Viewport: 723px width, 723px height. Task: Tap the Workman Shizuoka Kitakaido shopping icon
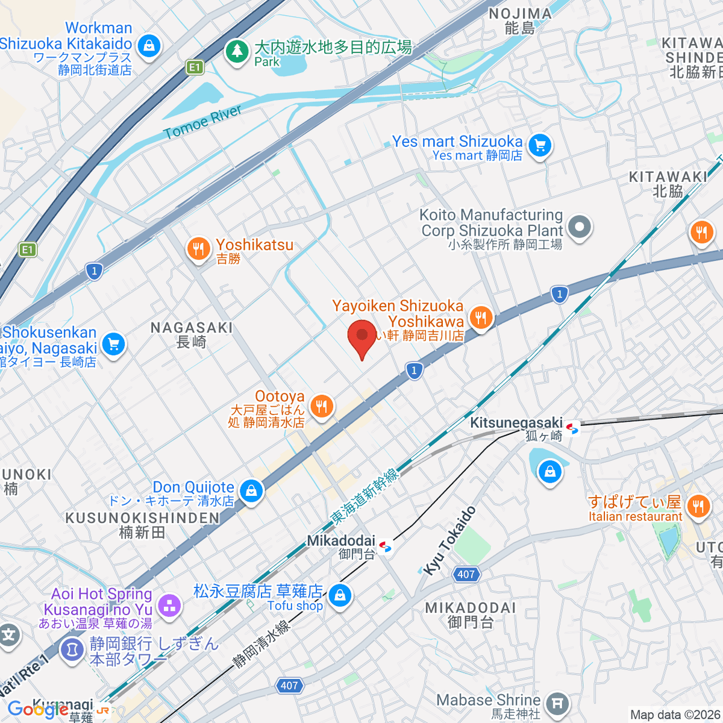pos(149,45)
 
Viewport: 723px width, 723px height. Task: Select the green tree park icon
pos(237,51)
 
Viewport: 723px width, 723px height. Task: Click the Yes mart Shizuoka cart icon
pos(540,145)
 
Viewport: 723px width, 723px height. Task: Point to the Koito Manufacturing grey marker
pos(580,228)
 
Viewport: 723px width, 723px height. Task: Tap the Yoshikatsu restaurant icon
pos(198,248)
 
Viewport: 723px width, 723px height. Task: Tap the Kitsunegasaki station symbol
pos(572,428)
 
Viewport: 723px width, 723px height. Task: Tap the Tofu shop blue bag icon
pos(340,595)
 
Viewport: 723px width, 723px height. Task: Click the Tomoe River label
pos(202,122)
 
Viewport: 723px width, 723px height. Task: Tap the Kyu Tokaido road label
pos(449,540)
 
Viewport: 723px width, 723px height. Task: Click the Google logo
pos(37,710)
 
